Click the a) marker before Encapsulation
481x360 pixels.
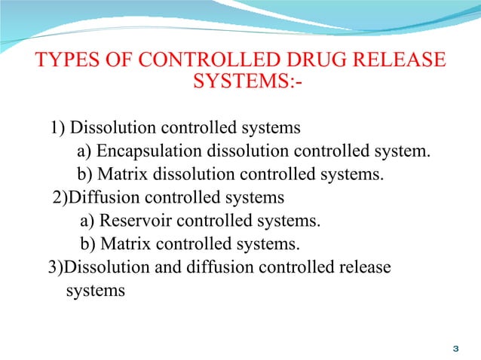[x=84, y=151]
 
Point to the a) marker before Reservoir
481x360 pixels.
[x=87, y=221]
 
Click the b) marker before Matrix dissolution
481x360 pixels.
[x=85, y=175]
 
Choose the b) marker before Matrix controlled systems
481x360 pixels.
[x=88, y=244]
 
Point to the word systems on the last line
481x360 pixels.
[x=96, y=290]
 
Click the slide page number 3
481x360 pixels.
[x=455, y=349]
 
